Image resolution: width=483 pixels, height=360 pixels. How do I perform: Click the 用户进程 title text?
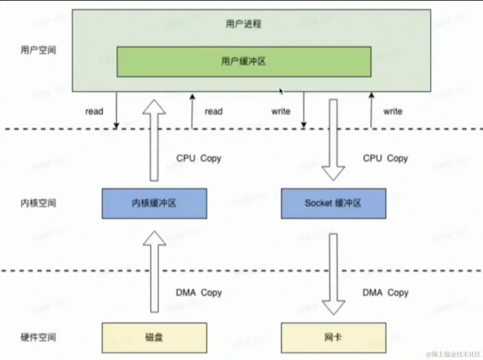click(x=243, y=24)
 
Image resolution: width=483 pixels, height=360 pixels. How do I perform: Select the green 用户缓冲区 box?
click(x=244, y=62)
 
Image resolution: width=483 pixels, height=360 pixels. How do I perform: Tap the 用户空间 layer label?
click(x=38, y=50)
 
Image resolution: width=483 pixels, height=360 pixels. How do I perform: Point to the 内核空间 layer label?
click(x=38, y=203)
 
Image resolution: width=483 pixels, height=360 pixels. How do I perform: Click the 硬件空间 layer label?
click(x=38, y=337)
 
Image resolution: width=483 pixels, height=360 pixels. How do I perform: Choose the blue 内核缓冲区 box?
click(x=154, y=203)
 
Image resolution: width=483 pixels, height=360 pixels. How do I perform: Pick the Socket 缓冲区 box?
click(x=333, y=203)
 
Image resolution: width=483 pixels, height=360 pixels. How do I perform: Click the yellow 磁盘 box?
click(x=154, y=338)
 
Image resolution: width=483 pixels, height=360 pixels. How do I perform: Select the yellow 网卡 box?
click(x=333, y=338)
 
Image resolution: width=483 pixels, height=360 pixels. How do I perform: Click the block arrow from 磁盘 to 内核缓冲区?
click(x=154, y=272)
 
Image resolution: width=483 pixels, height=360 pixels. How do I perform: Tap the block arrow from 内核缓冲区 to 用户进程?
click(x=154, y=140)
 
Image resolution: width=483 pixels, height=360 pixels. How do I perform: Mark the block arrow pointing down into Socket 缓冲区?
click(x=333, y=140)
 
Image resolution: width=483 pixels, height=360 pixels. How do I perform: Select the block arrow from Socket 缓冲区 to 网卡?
click(x=333, y=274)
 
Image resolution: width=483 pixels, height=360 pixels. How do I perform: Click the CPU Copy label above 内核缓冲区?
click(x=199, y=158)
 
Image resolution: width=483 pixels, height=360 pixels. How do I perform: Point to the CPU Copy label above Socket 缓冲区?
click(x=385, y=158)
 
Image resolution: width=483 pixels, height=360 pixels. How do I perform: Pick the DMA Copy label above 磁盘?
click(x=199, y=293)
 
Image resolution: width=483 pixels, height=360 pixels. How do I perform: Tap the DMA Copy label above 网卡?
click(x=385, y=293)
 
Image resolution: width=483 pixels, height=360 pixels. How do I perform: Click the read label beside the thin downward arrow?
click(x=94, y=112)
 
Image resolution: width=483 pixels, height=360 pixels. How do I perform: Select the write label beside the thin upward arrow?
click(x=393, y=112)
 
